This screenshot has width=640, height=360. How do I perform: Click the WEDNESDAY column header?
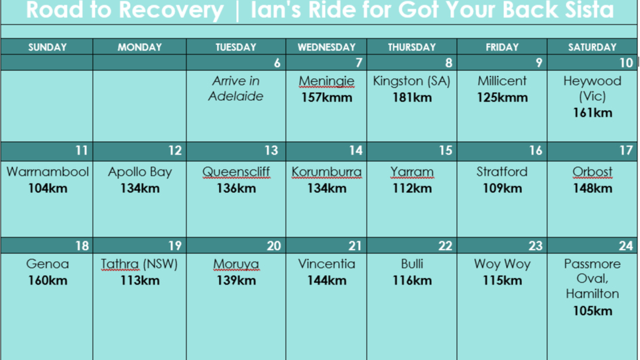tap(326, 47)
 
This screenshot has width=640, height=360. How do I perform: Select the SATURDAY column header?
tap(592, 47)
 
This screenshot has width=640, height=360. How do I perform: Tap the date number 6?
tap(277, 63)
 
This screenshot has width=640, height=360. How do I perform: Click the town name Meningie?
tap(326, 81)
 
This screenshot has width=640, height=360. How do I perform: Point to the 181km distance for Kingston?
tap(412, 97)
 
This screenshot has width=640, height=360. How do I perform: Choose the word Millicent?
tap(502, 81)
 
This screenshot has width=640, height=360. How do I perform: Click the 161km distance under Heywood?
tap(592, 113)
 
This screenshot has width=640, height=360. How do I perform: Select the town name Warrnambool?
tap(47, 172)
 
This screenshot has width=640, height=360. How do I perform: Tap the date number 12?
tap(175, 150)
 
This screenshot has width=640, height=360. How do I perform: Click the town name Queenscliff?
tap(236, 172)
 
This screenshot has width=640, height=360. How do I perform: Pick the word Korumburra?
tap(326, 172)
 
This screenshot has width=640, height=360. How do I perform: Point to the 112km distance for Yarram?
tap(412, 188)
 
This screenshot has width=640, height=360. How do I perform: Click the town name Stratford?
tap(502, 172)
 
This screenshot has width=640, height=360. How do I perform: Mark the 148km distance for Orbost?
tap(592, 188)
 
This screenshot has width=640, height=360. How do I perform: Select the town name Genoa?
tap(47, 264)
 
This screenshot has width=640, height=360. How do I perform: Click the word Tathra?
tap(120, 264)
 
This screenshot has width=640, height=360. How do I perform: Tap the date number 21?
tap(355, 246)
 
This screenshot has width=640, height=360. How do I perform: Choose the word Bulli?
tap(412, 264)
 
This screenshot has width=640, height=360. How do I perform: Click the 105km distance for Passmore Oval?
tap(592, 311)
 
